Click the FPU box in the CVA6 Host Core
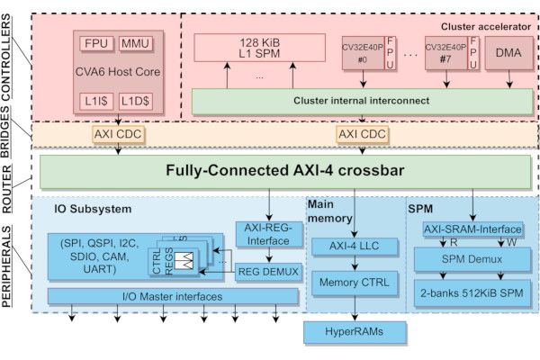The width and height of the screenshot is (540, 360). coord(94,43)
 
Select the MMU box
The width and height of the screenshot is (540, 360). coord(135,43)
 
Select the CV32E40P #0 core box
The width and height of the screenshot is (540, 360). coord(362,54)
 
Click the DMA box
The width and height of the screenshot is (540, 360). coord(509,54)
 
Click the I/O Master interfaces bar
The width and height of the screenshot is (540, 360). coord(172,295)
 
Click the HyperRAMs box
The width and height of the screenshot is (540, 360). coord(347,332)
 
